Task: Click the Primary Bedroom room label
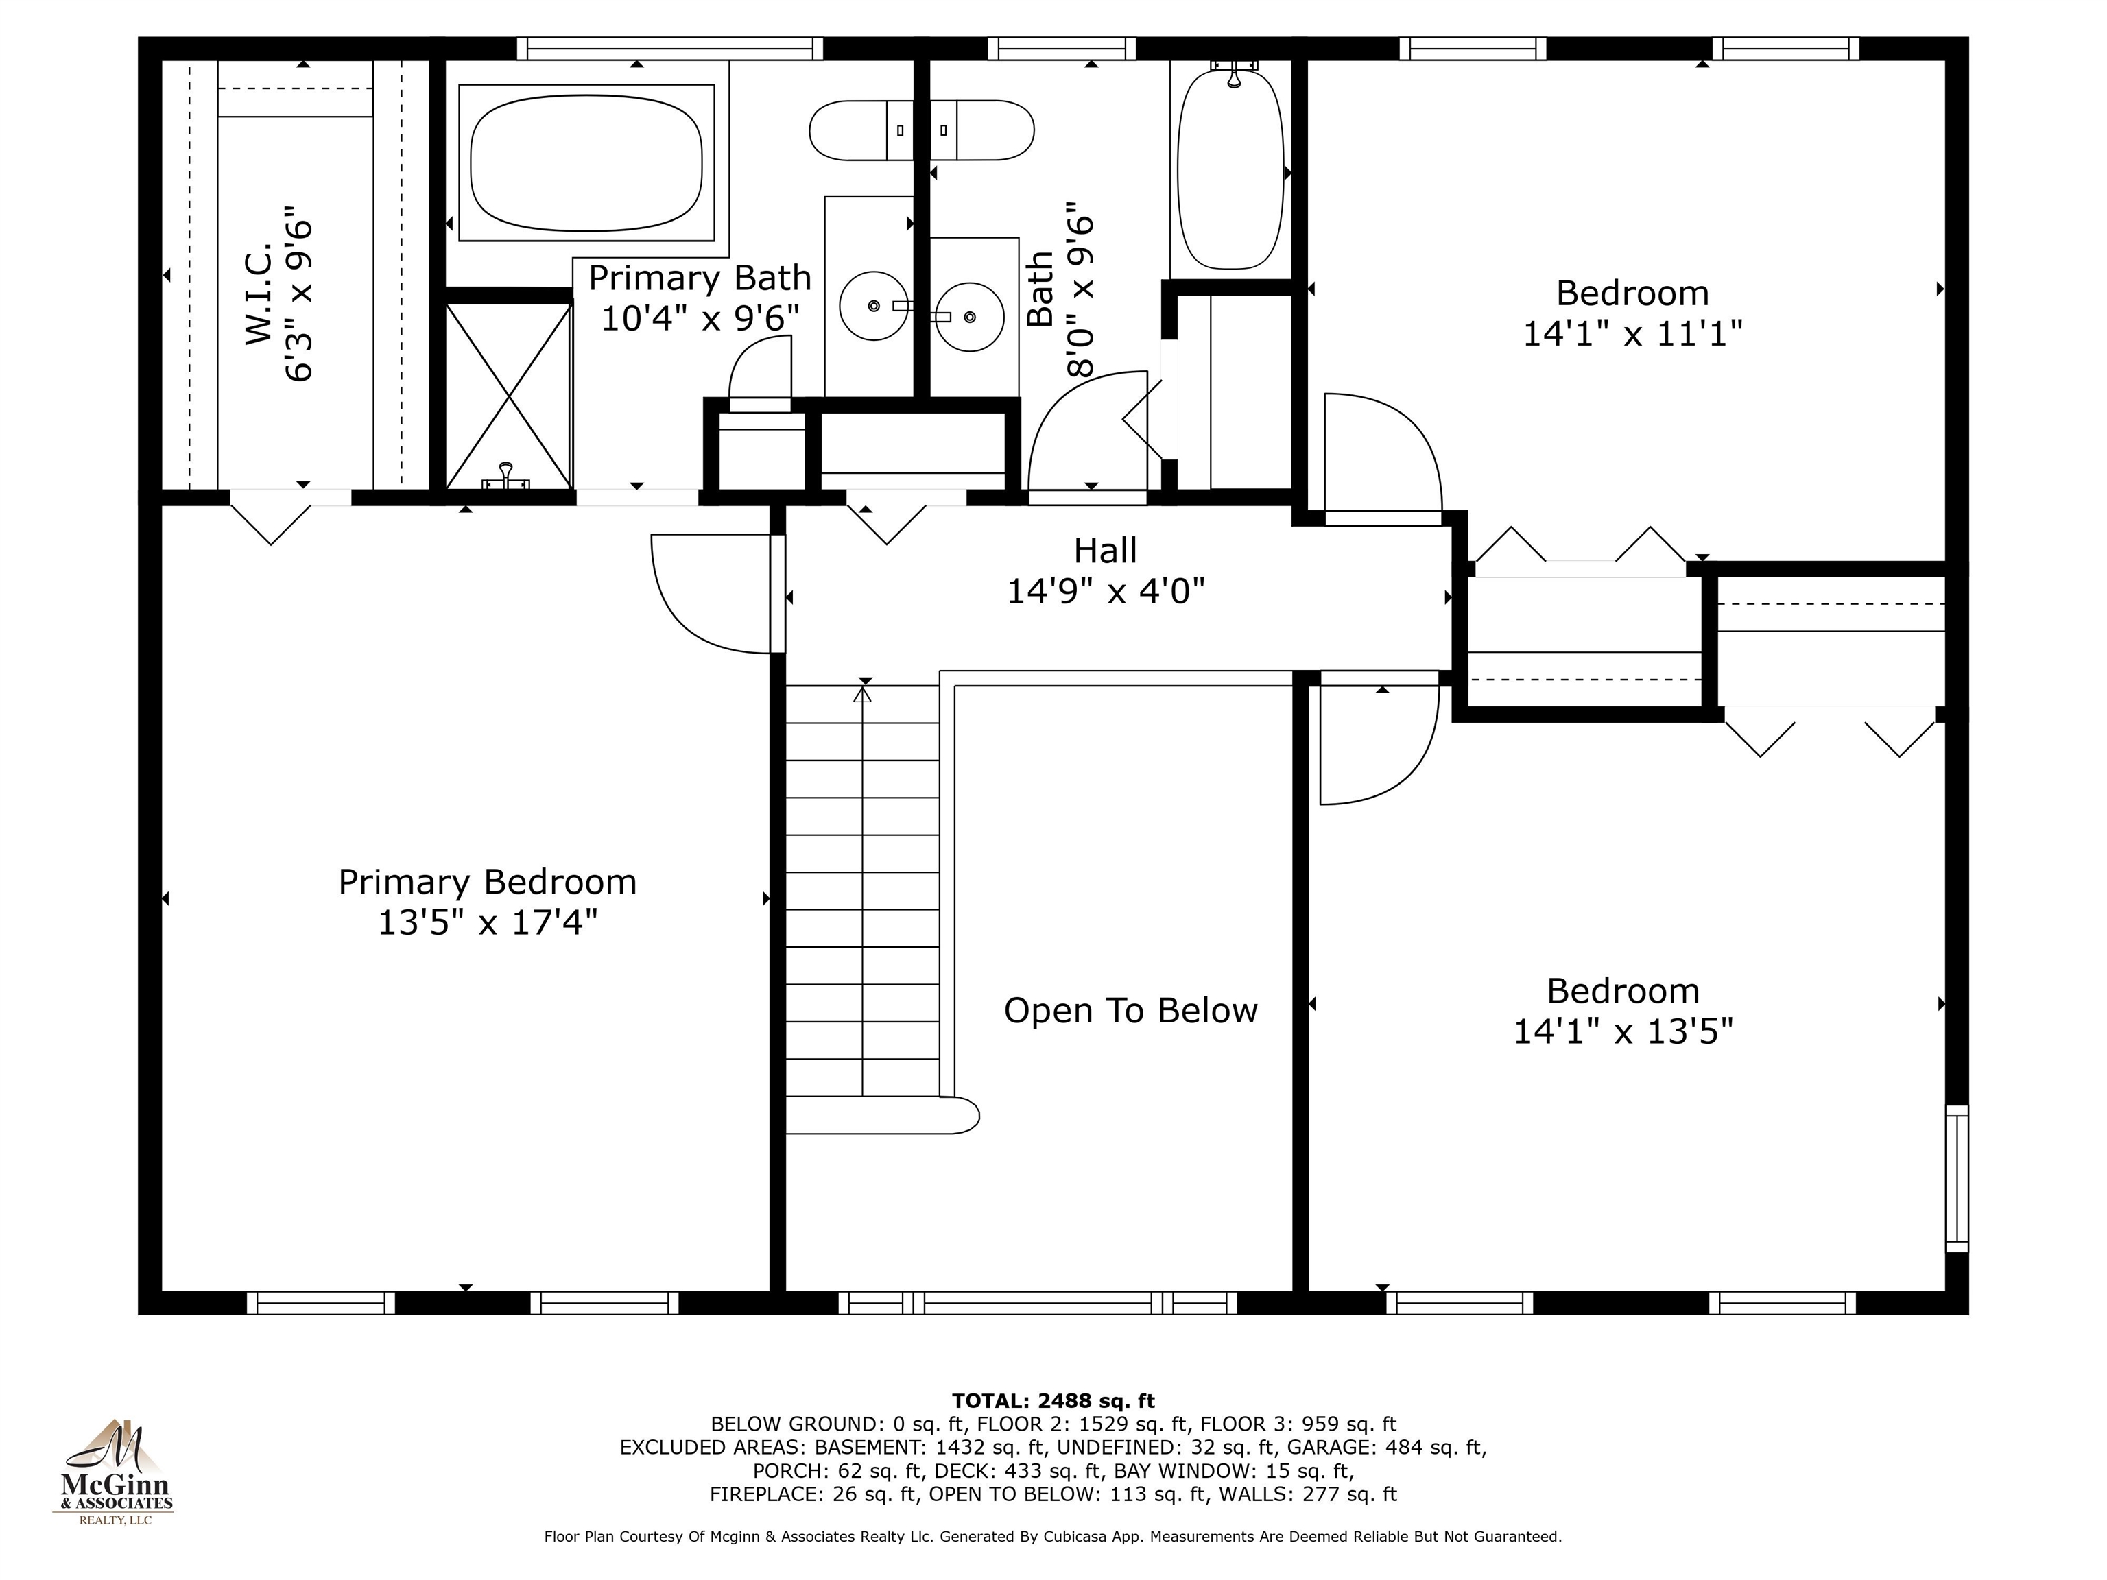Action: pyautogui.click(x=487, y=882)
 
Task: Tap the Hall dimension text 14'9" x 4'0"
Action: pyautogui.click(x=1105, y=591)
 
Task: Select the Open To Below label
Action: pyautogui.click(x=1130, y=1011)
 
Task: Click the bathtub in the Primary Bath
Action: pyautogui.click(x=586, y=163)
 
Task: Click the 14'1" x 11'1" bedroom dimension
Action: pyautogui.click(x=1632, y=333)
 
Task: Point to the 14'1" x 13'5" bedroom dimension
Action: pyautogui.click(x=1623, y=1031)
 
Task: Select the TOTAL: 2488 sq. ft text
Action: pyautogui.click(x=1053, y=1401)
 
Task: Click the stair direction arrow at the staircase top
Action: pyautogui.click(x=863, y=694)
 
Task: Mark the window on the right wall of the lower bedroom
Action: pyautogui.click(x=1957, y=1178)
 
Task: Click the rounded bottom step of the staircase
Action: pyautogui.click(x=882, y=1115)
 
